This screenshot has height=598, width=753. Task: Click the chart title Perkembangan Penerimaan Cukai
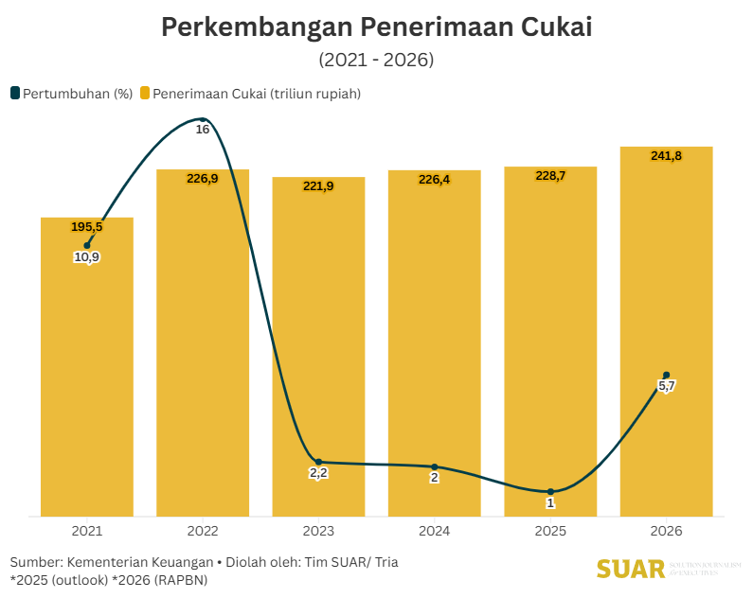(376, 26)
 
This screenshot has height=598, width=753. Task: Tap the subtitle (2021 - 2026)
(376, 60)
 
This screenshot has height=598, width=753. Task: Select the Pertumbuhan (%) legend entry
(71, 93)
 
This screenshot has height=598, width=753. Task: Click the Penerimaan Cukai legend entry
(250, 93)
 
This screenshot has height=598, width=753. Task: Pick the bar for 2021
(87, 378)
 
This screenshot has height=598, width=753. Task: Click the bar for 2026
(666, 284)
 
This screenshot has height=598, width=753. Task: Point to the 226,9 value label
(203, 178)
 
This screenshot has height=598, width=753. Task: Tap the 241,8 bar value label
(666, 155)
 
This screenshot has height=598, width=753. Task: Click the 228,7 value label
(550, 175)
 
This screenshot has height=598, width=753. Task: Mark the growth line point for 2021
(87, 245)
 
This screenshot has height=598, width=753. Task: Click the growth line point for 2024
(435, 466)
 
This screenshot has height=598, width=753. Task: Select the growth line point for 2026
(667, 375)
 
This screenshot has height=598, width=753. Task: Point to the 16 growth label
(203, 129)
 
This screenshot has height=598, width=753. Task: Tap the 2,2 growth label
(318, 473)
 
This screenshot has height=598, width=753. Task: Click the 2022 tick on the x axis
(203, 532)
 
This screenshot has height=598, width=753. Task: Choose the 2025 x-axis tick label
(550, 532)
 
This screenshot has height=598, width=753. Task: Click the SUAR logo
(630, 570)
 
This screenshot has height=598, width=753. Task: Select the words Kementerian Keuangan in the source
(140, 562)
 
